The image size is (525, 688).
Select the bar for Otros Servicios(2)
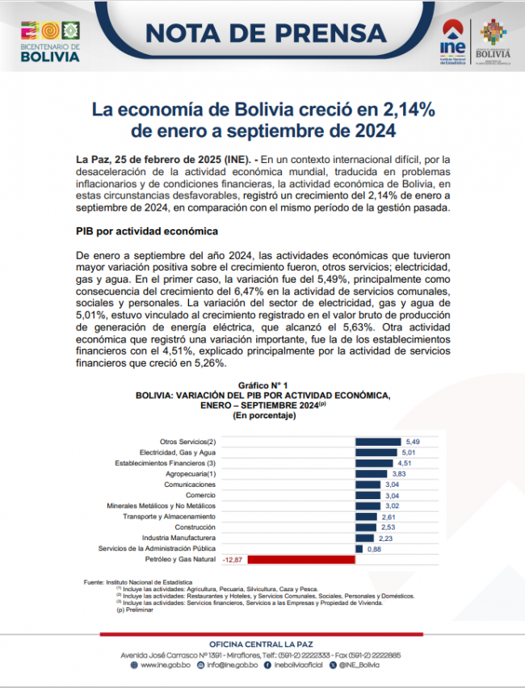[x=379, y=442]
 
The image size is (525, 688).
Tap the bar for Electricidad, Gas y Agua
[x=377, y=452]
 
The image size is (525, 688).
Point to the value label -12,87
[x=233, y=559]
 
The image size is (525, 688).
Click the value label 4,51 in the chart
[x=405, y=463]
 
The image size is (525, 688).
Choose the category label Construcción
[x=195, y=526]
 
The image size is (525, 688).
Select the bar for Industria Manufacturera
[x=365, y=538]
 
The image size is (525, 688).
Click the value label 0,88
[x=374, y=548]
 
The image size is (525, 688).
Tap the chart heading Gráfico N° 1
[x=263, y=386]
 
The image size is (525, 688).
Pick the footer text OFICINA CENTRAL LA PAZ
[x=262, y=643]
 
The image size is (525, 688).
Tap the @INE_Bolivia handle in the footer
[x=359, y=665]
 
